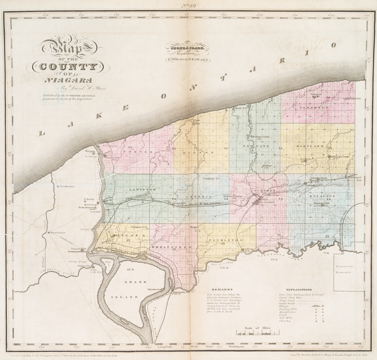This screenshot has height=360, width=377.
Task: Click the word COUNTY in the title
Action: pos(65,67)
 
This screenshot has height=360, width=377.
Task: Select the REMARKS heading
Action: pos(218,288)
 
